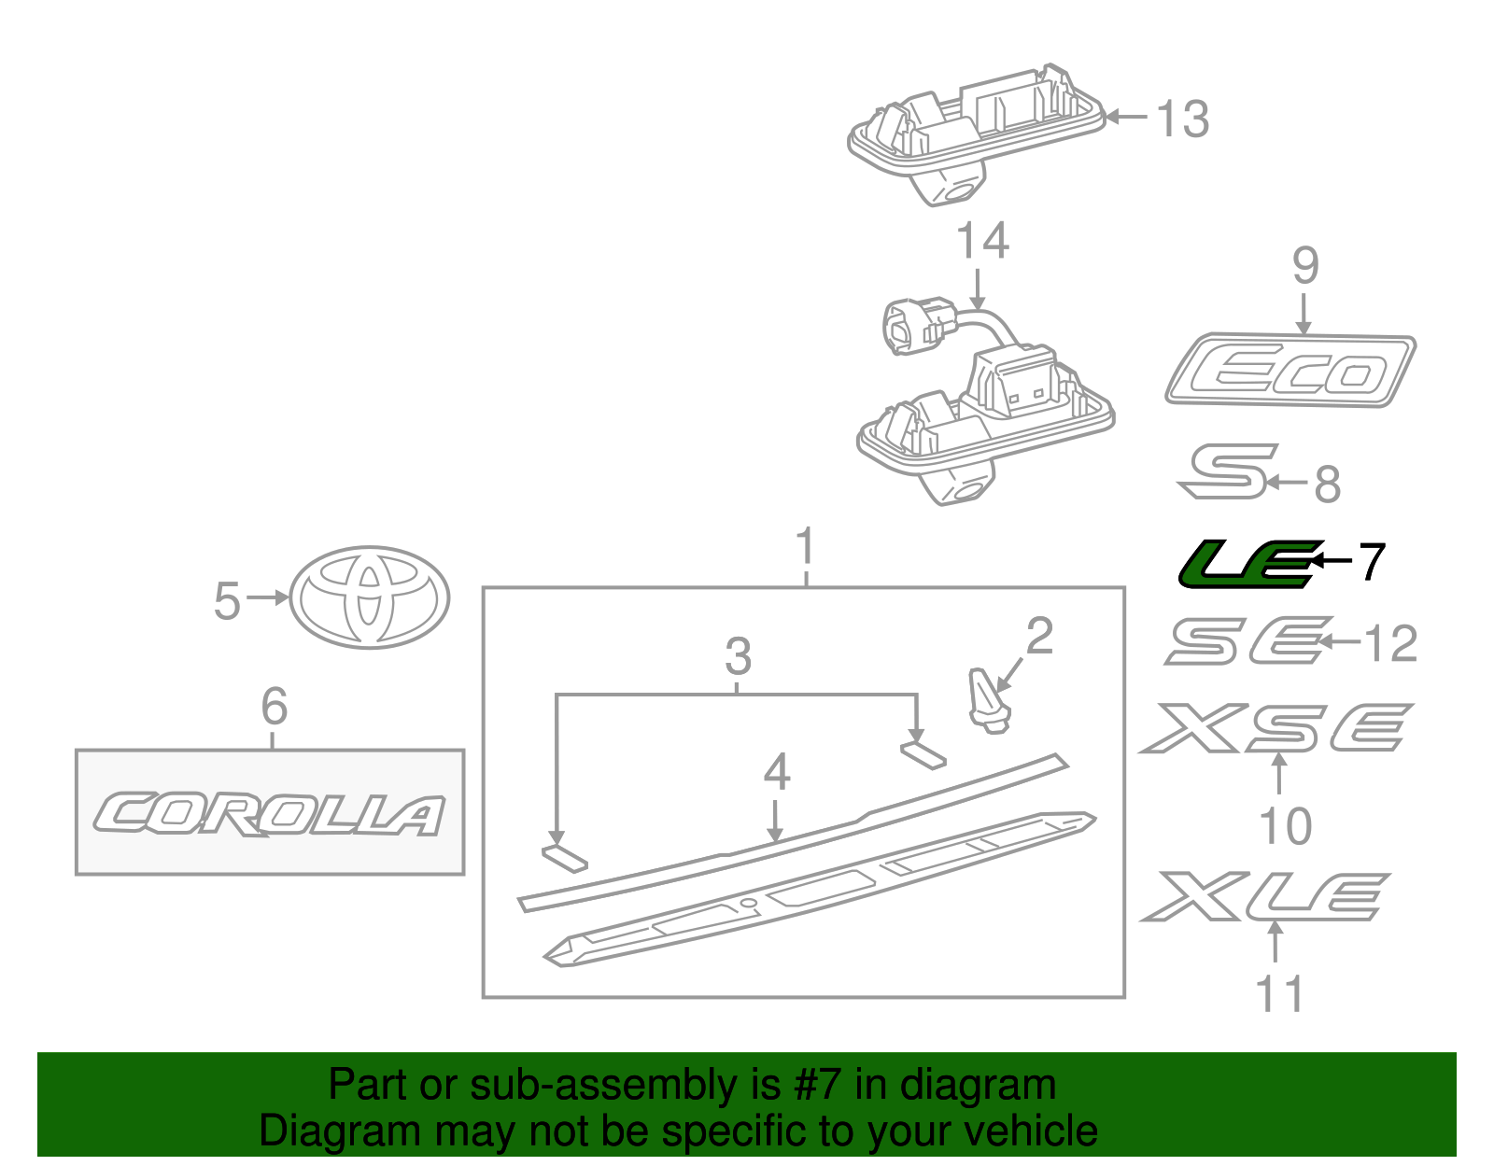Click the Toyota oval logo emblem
tap(370, 597)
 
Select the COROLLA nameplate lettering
tap(269, 814)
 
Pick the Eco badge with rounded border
tap(1290, 371)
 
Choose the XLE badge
tap(1265, 896)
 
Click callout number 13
tap(1183, 119)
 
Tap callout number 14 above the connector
tap(983, 241)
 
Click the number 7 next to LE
tap(1371, 562)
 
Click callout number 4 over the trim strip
tap(776, 772)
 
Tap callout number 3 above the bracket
tap(738, 656)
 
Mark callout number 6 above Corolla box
tap(274, 706)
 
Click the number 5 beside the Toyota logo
tap(227, 600)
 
